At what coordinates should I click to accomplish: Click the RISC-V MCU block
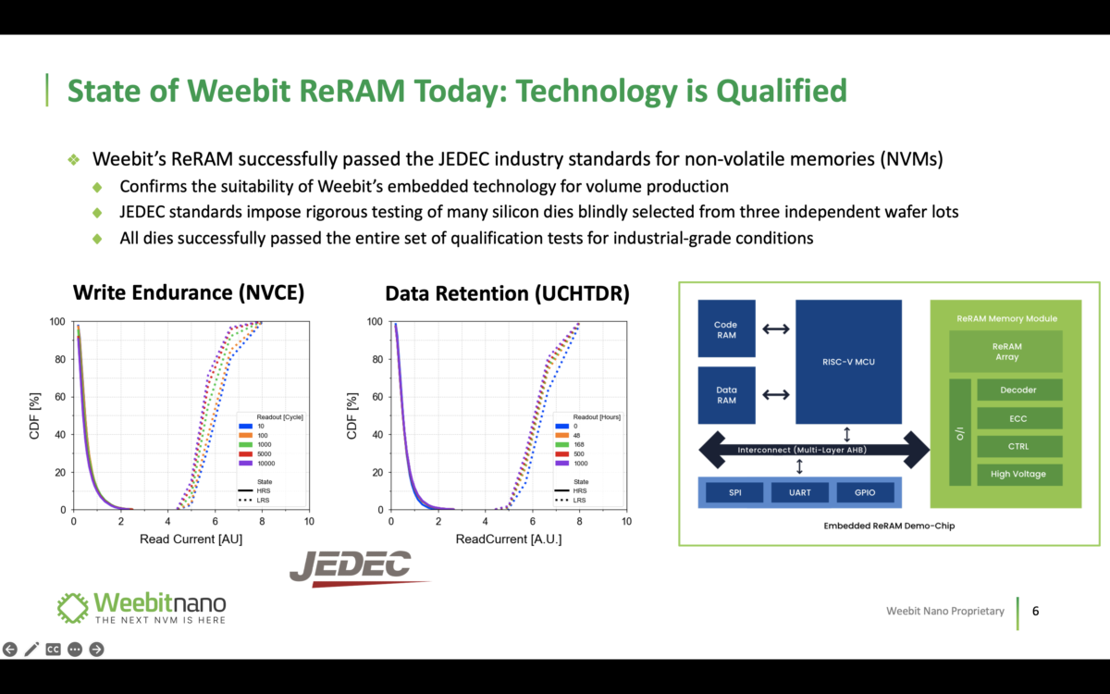coord(848,362)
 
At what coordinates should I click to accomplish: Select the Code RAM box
coord(726,328)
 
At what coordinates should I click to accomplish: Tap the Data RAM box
coord(726,395)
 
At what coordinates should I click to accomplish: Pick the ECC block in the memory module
coord(1019,418)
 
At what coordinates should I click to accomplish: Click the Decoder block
coord(1019,390)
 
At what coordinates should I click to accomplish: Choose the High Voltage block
coord(1019,475)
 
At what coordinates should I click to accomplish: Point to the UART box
coord(800,492)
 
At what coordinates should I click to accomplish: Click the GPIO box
coord(865,492)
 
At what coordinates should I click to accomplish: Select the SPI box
coord(734,492)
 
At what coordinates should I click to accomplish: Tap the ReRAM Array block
coord(1006,352)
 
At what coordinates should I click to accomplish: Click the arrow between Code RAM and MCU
coord(776,328)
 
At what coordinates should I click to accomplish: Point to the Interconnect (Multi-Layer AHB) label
coord(802,450)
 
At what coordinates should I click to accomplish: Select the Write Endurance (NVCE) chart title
coord(189,292)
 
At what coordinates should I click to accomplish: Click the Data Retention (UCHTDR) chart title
coord(508,293)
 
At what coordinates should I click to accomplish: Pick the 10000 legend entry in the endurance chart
coord(257,464)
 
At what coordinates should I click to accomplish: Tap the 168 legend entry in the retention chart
coord(570,445)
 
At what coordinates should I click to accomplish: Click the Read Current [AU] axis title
coord(191,539)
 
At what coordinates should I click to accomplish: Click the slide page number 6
coord(1036,611)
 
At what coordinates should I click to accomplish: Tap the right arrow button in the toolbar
coord(96,650)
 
